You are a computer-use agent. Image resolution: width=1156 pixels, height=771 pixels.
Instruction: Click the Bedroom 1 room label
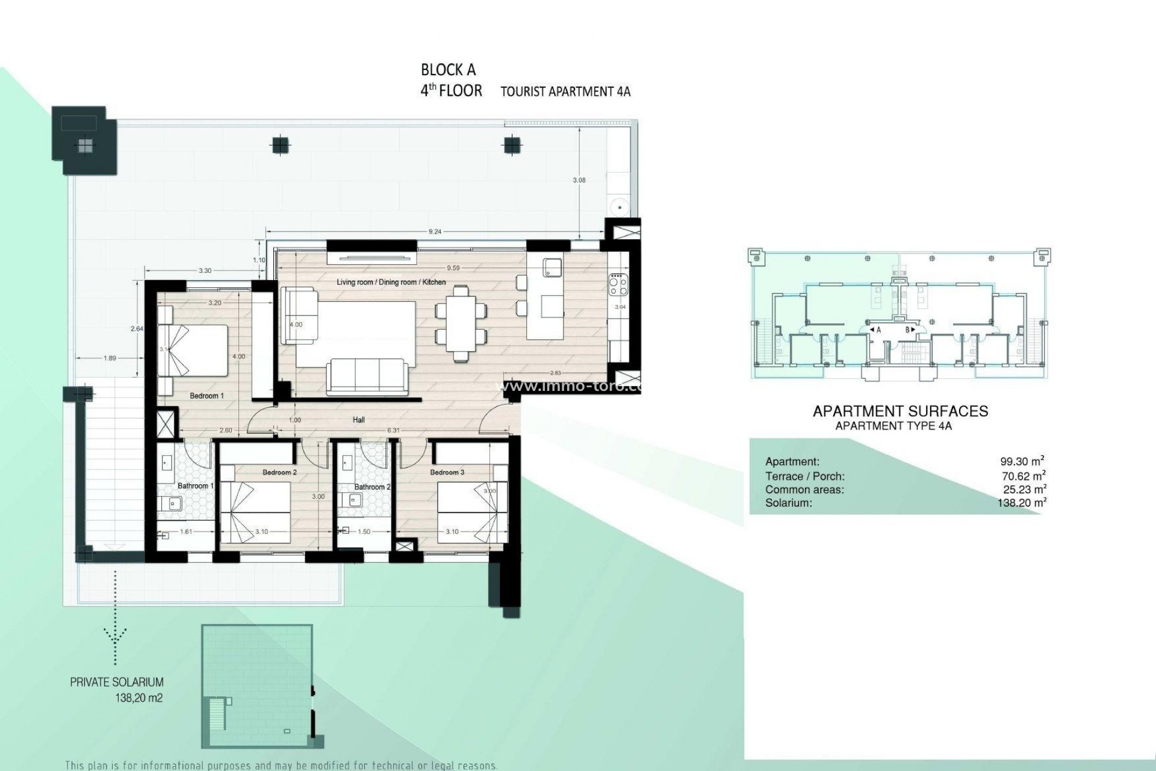[x=207, y=396]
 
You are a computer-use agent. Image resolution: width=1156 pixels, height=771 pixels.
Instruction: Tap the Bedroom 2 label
[x=279, y=472]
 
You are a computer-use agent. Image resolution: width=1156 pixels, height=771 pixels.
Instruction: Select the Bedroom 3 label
[x=447, y=472]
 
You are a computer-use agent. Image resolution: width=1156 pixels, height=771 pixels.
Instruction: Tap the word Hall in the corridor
[x=358, y=420]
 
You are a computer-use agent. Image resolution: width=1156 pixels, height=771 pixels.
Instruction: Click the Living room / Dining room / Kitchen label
[x=391, y=282]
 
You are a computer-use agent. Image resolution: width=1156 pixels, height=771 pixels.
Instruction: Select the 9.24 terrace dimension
[x=434, y=231]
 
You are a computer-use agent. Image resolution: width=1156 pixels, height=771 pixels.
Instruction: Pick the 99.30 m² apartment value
[x=1021, y=462]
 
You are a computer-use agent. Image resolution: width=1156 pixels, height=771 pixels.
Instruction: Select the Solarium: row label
[x=788, y=503]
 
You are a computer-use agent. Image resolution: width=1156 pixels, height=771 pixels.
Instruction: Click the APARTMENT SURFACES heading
[x=900, y=411]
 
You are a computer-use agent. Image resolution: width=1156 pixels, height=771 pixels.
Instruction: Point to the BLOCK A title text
[x=448, y=70]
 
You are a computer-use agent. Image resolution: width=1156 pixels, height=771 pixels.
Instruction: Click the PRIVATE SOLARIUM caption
[x=117, y=682]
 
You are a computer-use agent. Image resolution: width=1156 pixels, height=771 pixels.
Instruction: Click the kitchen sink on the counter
[x=552, y=267]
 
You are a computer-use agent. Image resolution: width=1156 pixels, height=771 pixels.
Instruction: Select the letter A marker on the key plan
[x=878, y=330]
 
